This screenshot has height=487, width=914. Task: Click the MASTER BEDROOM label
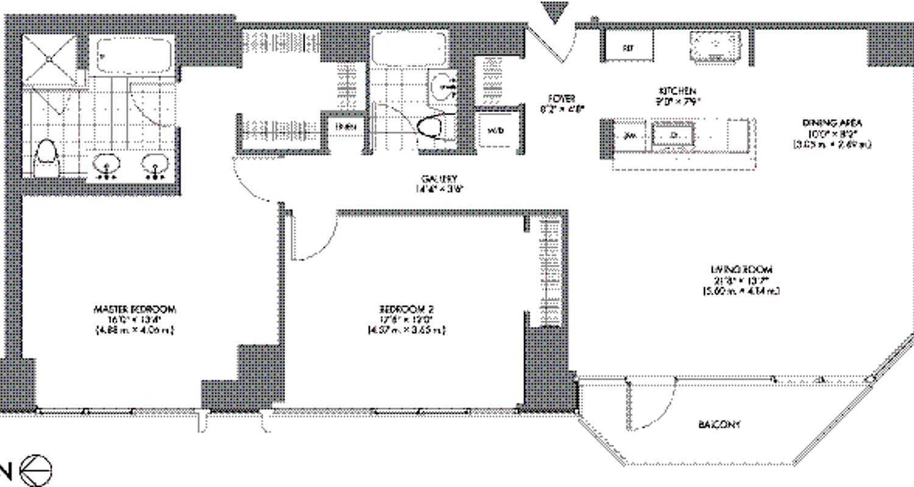(x=135, y=309)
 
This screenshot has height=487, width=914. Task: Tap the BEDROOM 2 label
(x=406, y=309)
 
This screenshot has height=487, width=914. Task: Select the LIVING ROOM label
(x=741, y=269)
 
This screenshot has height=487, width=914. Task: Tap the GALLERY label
(x=439, y=179)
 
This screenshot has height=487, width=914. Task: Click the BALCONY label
(x=719, y=424)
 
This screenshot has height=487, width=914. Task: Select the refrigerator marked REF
(x=628, y=46)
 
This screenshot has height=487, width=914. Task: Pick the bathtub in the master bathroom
(x=132, y=55)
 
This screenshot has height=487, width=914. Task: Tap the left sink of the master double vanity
(x=107, y=166)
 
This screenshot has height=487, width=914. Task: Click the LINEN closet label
(x=342, y=127)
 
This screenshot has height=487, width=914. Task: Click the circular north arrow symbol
(x=36, y=471)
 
